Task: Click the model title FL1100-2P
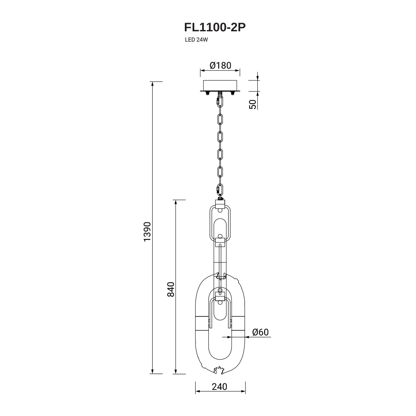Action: click(x=215, y=27)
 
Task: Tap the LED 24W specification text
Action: click(x=196, y=40)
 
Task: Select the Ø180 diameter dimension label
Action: click(x=220, y=65)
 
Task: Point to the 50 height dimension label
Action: click(x=253, y=104)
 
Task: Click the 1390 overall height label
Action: click(x=147, y=232)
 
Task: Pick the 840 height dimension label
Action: click(x=171, y=289)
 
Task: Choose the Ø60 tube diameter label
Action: click(x=260, y=332)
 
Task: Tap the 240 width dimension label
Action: click(x=220, y=387)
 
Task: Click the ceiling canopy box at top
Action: click(x=220, y=85)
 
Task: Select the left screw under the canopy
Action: click(x=207, y=93)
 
